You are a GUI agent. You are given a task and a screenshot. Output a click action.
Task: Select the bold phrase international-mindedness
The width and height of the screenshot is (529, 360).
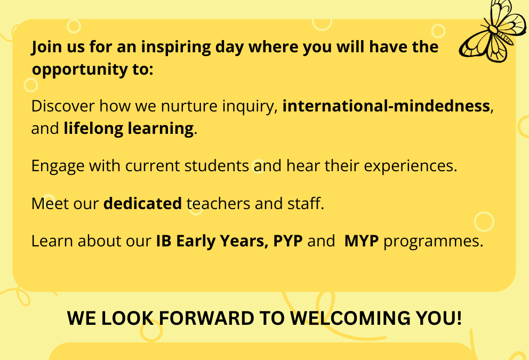click(386, 106)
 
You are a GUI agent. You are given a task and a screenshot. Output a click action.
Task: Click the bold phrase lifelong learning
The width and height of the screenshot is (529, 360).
click(129, 129)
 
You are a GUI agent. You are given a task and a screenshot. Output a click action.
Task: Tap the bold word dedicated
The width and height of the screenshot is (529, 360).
click(142, 203)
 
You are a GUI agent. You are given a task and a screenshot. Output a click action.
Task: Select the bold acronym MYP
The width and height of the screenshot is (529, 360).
click(362, 241)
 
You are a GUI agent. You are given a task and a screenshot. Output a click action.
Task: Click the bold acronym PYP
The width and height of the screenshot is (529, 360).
click(288, 241)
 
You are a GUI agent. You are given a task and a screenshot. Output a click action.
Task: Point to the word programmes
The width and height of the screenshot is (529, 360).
click(433, 241)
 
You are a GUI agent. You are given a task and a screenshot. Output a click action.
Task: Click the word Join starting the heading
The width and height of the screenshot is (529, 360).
click(45, 47)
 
